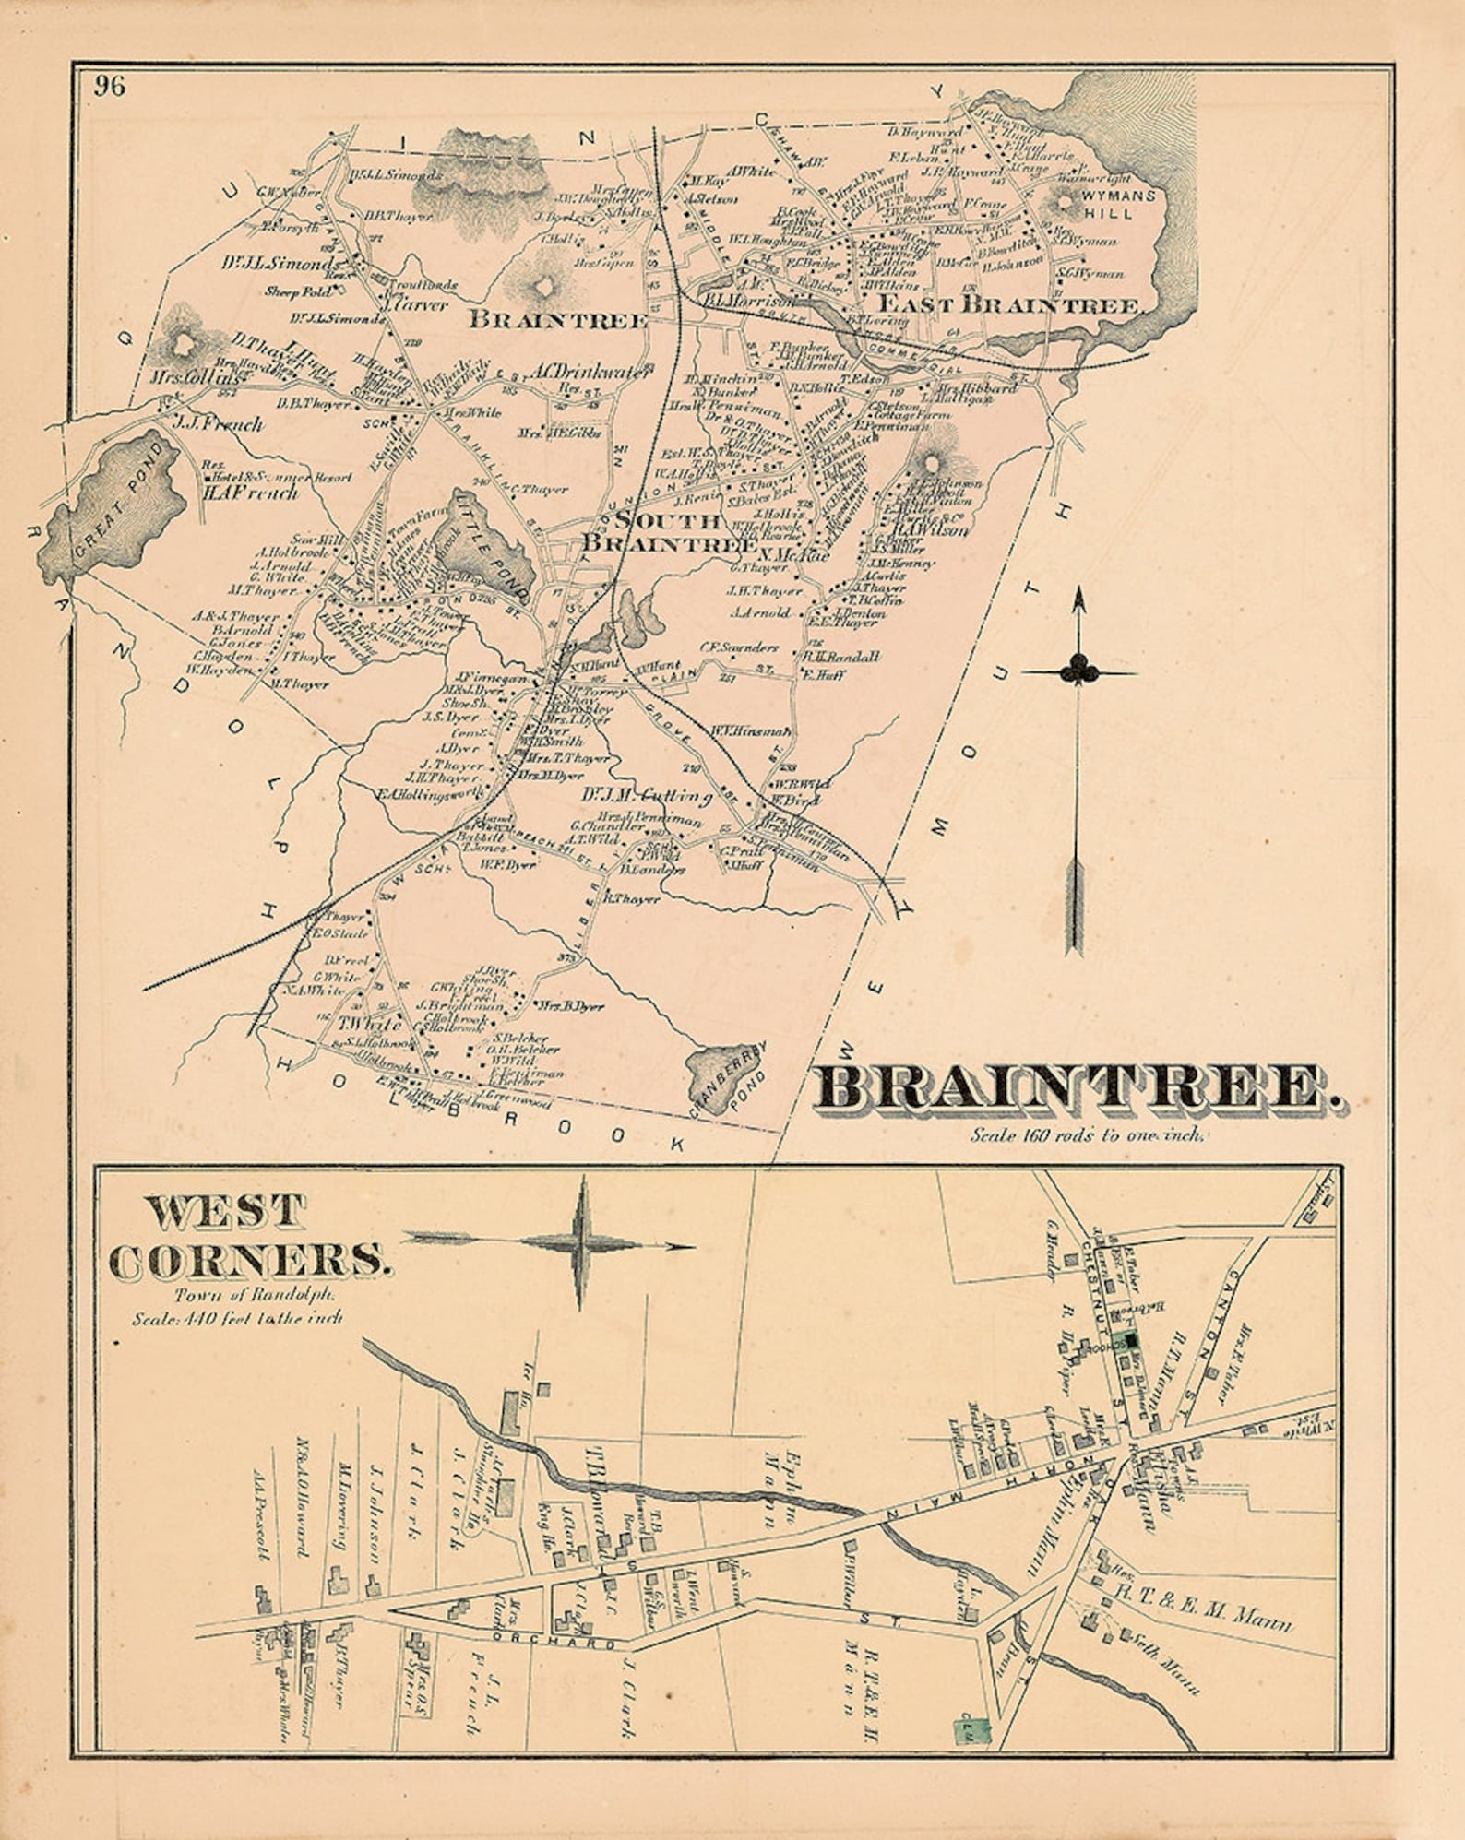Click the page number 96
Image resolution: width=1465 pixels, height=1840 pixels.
[109, 87]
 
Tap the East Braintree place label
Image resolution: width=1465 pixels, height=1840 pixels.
[1009, 304]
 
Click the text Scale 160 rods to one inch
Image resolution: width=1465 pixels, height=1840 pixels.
[1086, 1135]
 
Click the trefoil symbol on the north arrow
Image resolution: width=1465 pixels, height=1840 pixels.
[1078, 669]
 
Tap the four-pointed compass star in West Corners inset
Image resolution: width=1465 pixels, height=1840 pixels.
[580, 1244]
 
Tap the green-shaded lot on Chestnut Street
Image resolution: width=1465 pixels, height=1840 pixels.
[1124, 1344]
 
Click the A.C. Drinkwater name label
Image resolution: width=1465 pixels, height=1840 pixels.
[590, 372]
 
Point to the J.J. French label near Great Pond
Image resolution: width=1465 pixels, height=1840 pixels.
[218, 425]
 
